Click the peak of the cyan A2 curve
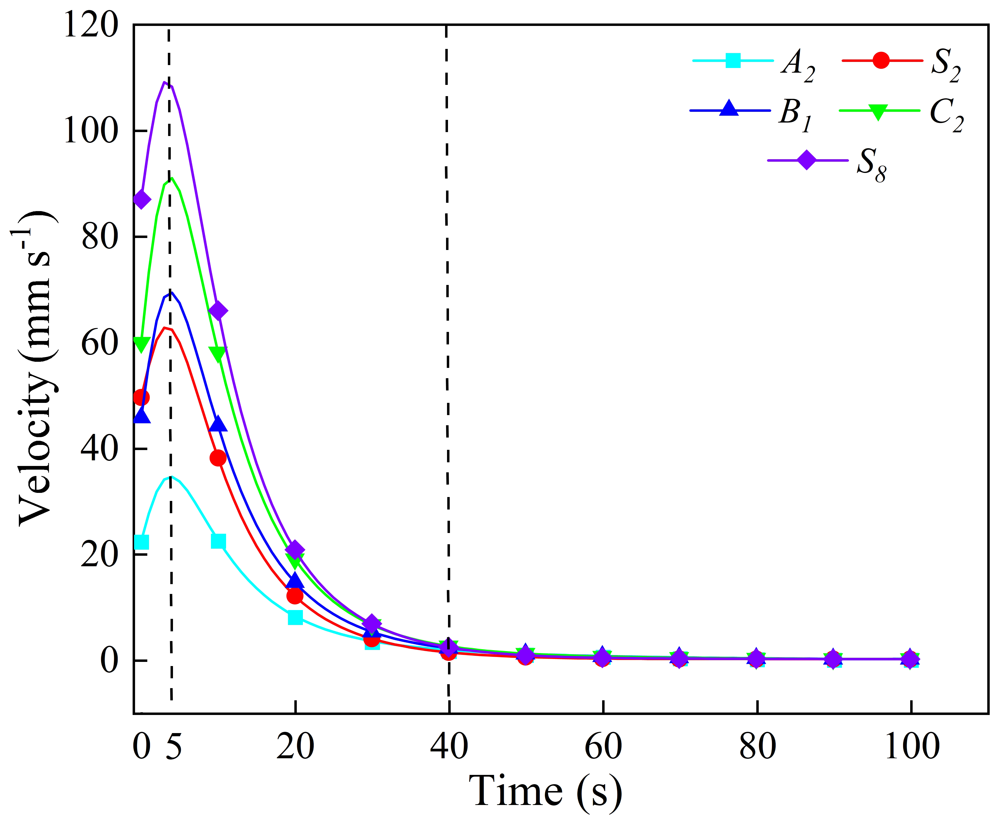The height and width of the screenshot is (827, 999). [x=170, y=476]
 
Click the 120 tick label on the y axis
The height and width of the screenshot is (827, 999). [x=90, y=25]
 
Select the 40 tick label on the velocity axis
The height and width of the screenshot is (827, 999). [x=99, y=448]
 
